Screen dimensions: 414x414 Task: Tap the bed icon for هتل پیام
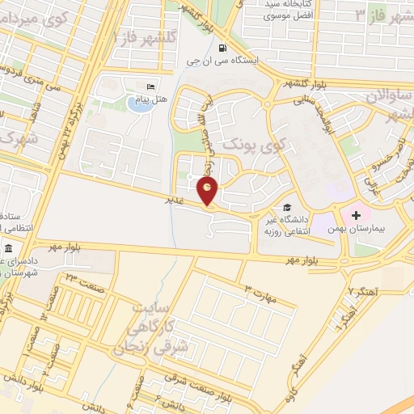(x=150, y=87)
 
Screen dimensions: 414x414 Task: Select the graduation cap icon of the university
(x=288, y=207)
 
